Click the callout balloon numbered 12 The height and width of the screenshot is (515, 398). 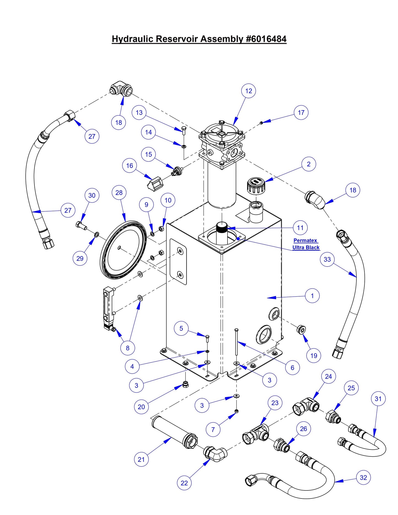point(248,91)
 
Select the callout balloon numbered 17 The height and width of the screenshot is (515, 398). point(301,112)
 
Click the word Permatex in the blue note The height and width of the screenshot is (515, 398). point(305,240)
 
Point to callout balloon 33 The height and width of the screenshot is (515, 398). point(327,259)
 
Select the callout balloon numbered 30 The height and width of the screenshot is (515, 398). point(92,195)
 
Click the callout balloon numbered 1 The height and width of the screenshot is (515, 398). point(312,296)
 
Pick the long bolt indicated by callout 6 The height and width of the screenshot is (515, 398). point(236,343)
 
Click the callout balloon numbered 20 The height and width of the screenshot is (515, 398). point(141,407)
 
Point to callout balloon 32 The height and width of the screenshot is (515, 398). point(363,478)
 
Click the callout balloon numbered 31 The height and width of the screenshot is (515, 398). point(378,399)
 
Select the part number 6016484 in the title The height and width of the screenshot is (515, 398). point(266,39)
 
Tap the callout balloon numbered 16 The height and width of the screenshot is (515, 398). point(129,166)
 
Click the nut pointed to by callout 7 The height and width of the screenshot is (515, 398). point(236,411)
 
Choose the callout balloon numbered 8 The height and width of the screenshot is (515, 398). point(128,348)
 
